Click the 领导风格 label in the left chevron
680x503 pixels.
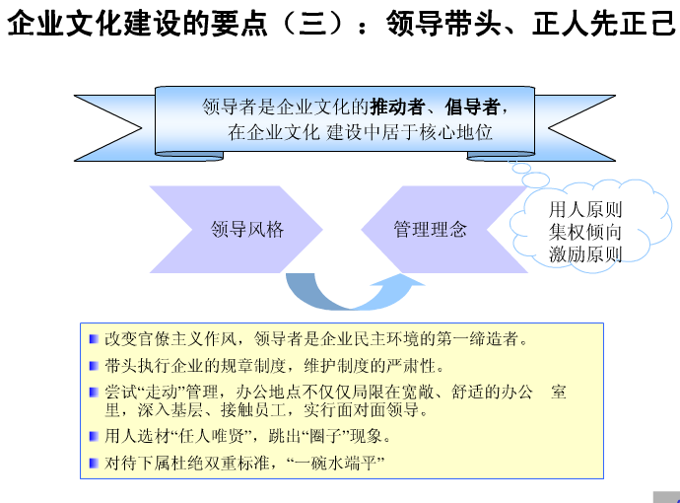(x=247, y=229)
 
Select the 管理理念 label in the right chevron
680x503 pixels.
(x=431, y=229)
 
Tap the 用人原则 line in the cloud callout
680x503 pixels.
(x=585, y=210)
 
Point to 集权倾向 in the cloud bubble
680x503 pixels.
(x=585, y=232)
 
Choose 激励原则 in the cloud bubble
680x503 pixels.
(x=585, y=254)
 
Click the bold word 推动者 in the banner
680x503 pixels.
(x=397, y=107)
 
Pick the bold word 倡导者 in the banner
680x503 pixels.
(x=472, y=107)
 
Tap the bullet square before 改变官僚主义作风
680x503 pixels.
(x=94, y=338)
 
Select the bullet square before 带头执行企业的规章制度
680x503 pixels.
(x=94, y=366)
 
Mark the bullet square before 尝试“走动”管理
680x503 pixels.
(x=94, y=393)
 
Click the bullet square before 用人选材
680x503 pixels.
(x=94, y=436)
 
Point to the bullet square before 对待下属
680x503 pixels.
(x=94, y=464)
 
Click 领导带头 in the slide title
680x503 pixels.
(x=443, y=23)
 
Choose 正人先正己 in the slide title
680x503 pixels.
(x=604, y=23)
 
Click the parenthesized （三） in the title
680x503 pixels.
(x=312, y=23)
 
